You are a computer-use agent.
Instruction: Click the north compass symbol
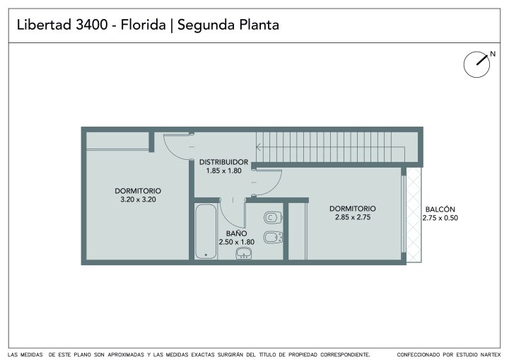(476, 64)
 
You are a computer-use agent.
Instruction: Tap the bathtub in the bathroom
(206, 231)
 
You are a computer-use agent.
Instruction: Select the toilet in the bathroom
(273, 217)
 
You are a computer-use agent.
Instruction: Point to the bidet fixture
(273, 237)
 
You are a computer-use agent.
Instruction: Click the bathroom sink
(243, 253)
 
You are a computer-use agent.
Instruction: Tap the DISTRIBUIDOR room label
(223, 162)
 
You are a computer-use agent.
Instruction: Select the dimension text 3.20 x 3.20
(138, 199)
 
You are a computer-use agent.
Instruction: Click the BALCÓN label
(440, 209)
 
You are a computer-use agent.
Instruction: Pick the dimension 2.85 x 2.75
(353, 217)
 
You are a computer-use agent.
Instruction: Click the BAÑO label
(236, 233)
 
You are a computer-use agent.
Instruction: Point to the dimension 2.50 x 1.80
(237, 242)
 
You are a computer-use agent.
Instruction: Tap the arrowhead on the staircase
(259, 147)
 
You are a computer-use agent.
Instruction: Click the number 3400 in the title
(91, 25)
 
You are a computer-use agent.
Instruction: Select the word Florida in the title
(143, 25)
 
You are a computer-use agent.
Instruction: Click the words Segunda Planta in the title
(228, 25)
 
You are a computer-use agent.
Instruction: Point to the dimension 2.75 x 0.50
(440, 218)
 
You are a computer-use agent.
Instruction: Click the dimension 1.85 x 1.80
(223, 170)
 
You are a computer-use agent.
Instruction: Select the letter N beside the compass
(493, 54)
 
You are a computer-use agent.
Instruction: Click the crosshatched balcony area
(414, 215)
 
